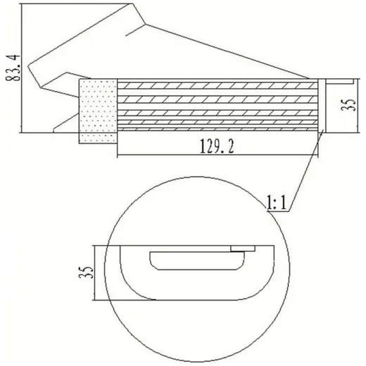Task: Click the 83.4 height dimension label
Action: [x=13, y=68]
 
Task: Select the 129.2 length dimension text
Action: [x=217, y=146]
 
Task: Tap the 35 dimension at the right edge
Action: [x=348, y=104]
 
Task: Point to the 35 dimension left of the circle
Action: [x=86, y=272]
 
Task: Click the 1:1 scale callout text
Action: [x=277, y=203]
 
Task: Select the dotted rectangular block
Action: [x=98, y=111]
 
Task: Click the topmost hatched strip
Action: [x=217, y=86]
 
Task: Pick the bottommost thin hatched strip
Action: [x=217, y=130]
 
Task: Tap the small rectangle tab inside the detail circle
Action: [x=243, y=248]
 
